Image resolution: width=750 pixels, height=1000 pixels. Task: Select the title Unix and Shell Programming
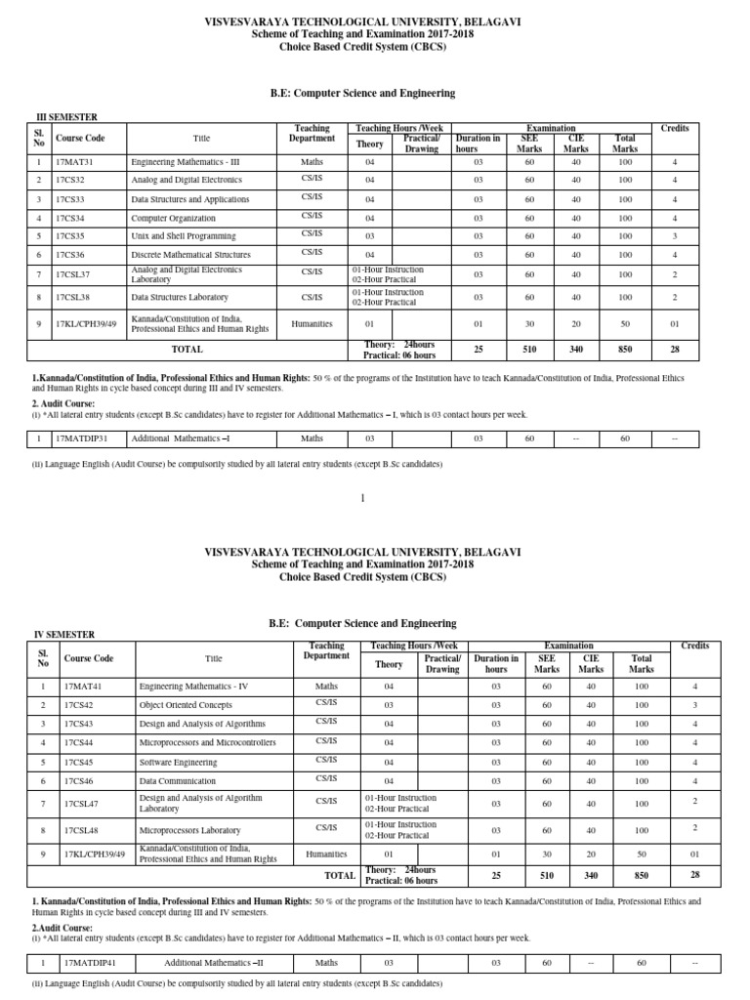(x=184, y=235)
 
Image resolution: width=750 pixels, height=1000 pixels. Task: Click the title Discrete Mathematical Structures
(x=189, y=254)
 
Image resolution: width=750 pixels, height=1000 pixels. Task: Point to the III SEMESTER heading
(x=67, y=116)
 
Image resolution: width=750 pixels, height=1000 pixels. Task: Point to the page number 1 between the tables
(x=363, y=498)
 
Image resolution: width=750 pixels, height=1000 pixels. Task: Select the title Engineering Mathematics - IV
(x=194, y=687)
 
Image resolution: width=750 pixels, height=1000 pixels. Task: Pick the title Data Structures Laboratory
(x=180, y=297)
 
